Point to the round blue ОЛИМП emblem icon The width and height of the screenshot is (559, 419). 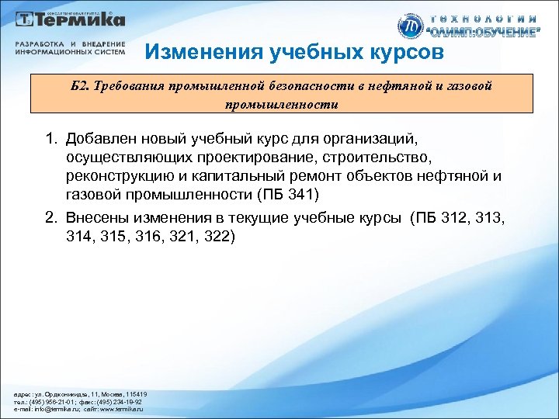(x=410, y=26)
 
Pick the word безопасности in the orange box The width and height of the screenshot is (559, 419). (x=309, y=86)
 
